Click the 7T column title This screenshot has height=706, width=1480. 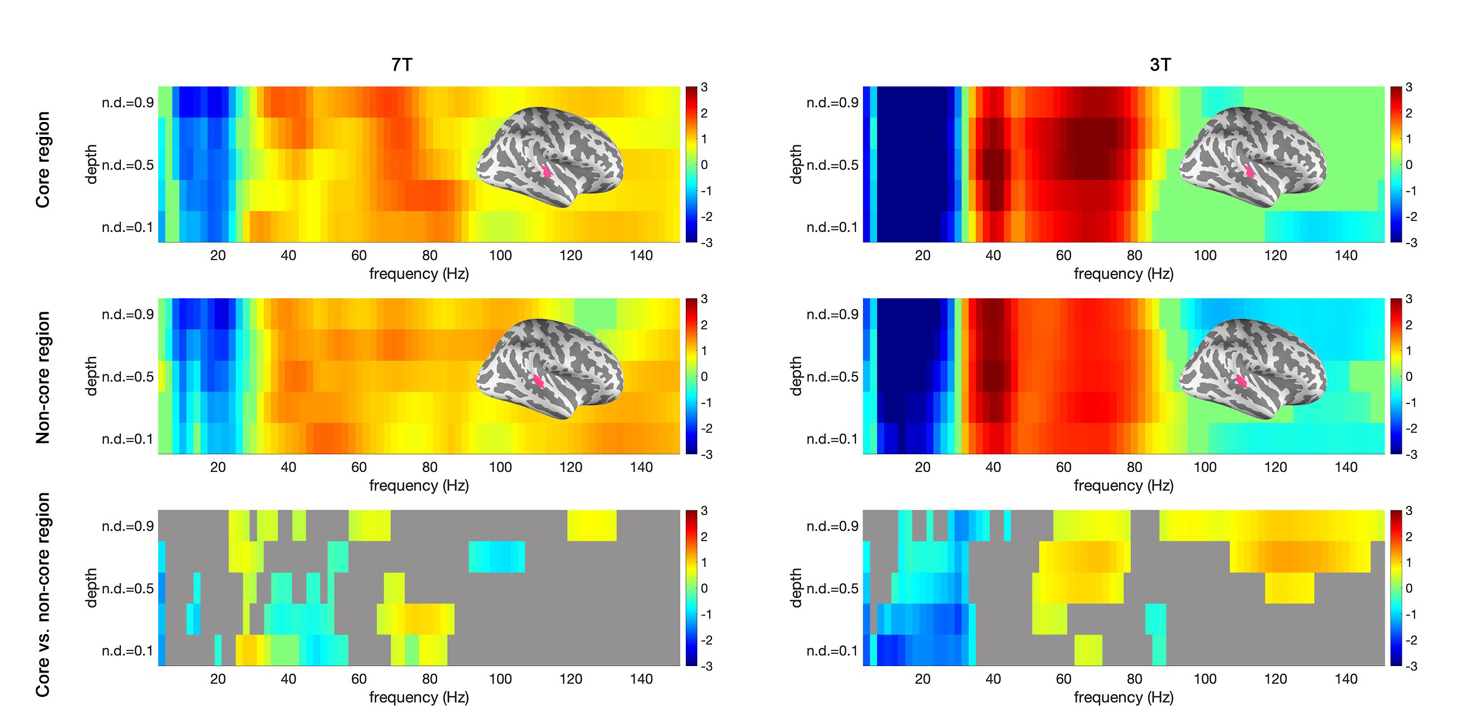(401, 65)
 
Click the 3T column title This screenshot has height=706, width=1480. (1160, 65)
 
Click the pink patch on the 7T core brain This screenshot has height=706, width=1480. (546, 171)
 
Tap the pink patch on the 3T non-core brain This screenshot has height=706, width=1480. (1241, 380)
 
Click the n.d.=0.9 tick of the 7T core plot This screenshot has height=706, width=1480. (128, 103)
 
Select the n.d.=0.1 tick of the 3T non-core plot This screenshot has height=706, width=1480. (832, 439)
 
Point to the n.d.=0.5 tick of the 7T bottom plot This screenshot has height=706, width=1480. (128, 589)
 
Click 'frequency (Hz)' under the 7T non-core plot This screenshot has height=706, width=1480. (419, 486)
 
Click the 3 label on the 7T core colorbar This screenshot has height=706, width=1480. (704, 87)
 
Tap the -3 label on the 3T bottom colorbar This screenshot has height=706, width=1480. (1411, 666)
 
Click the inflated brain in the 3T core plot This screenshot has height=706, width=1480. (1252, 157)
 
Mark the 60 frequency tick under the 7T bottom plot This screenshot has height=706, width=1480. (358, 679)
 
